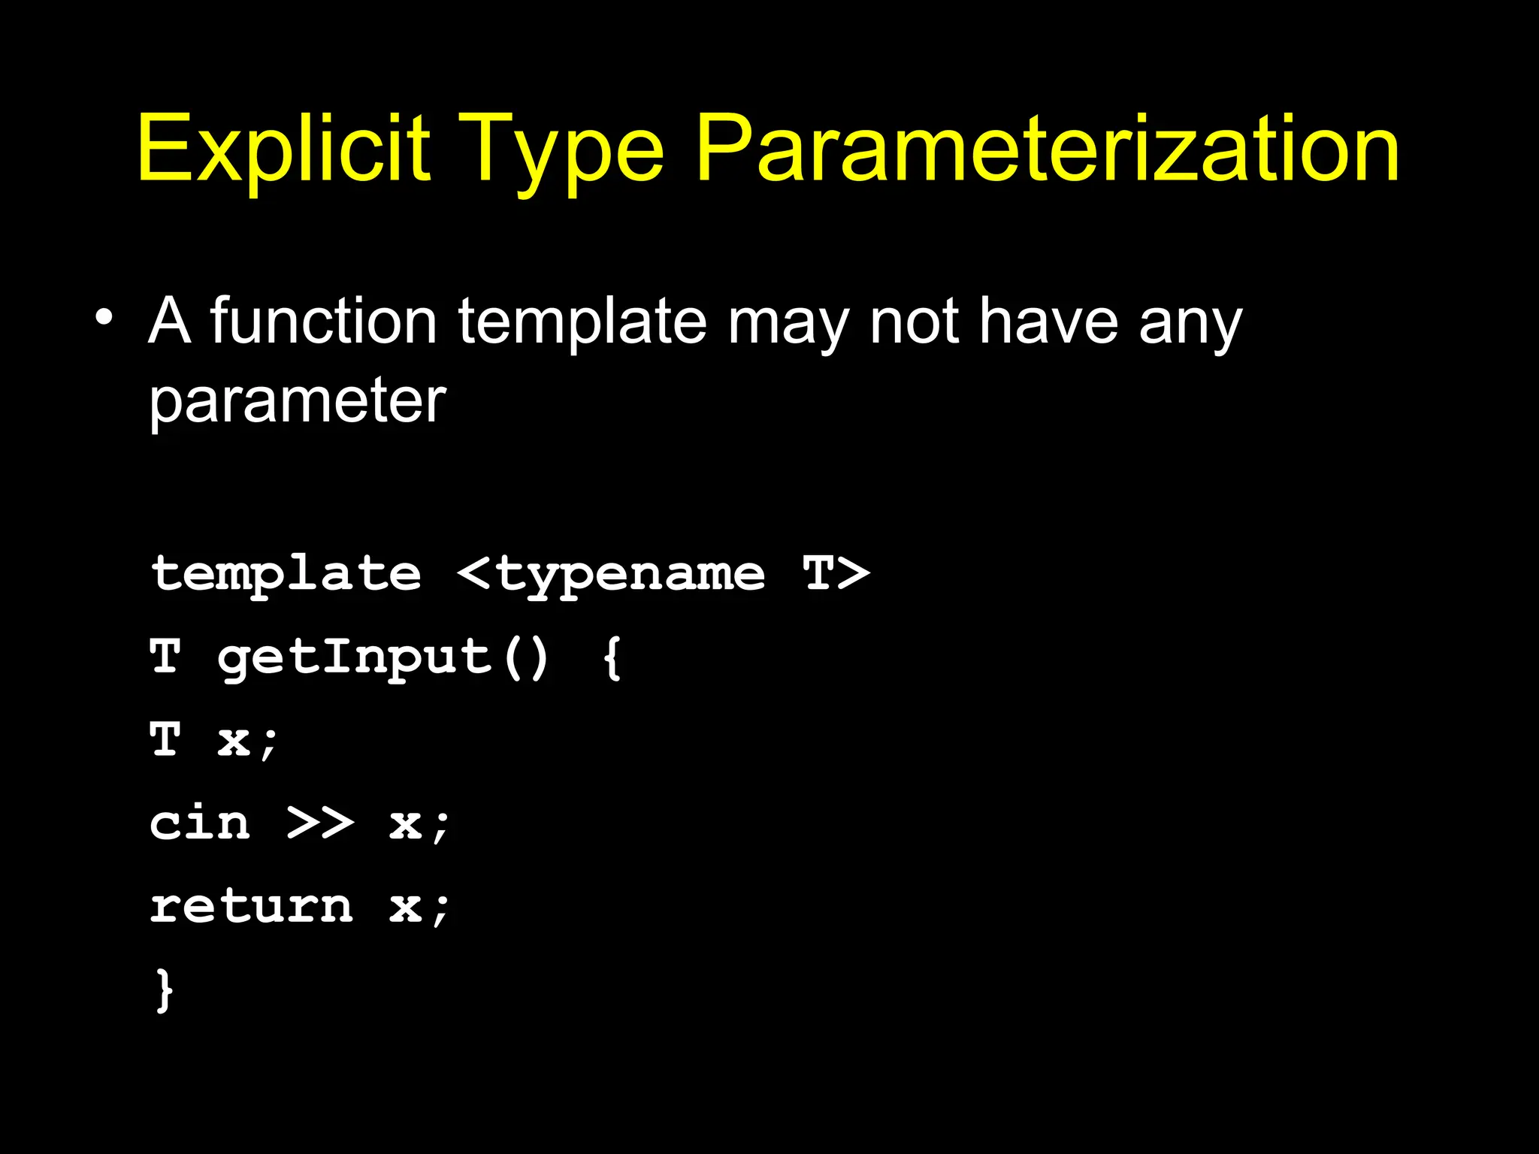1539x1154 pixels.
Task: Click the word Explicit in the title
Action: click(x=283, y=148)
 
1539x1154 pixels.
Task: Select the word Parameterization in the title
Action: click(x=1048, y=148)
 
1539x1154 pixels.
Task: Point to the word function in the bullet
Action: click(x=323, y=321)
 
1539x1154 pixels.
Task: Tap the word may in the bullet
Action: click(x=788, y=325)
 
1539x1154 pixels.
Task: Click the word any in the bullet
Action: click(x=1190, y=325)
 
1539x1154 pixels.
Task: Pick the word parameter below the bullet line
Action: click(x=298, y=402)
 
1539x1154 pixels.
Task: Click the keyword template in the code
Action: click(x=286, y=575)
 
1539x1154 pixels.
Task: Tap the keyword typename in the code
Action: click(x=630, y=575)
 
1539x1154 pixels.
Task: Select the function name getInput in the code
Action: click(x=354, y=658)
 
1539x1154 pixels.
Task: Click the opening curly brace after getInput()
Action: click(x=612, y=658)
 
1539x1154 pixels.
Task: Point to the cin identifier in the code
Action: click(x=200, y=823)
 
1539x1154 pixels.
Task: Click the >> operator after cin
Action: click(x=320, y=823)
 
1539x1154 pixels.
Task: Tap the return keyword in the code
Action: click(x=251, y=906)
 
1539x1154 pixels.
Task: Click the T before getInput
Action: click(x=165, y=657)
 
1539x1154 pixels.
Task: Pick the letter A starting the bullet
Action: click(x=169, y=321)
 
